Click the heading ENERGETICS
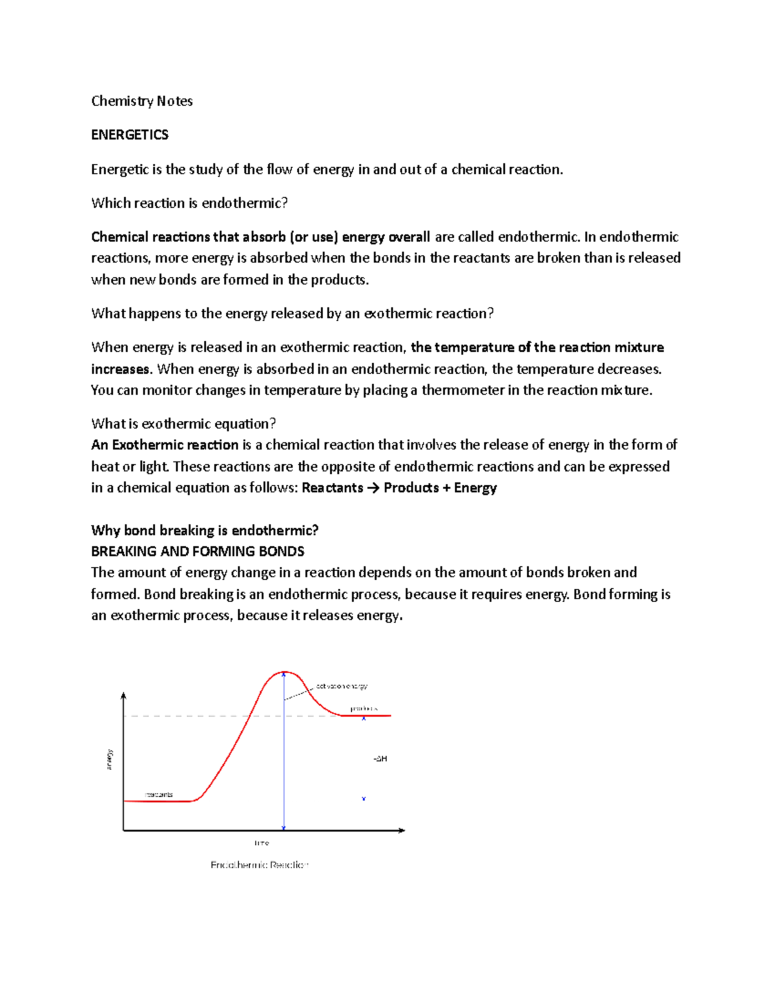pos(130,135)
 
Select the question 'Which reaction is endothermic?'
pos(189,203)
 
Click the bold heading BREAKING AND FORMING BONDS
pos(198,552)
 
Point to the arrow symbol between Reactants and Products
pos(373,488)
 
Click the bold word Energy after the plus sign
pos(475,488)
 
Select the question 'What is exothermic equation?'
pos(183,424)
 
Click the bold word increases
pos(120,369)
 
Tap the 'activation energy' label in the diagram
pos(342,686)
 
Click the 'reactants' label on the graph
pos(158,794)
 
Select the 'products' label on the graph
pos(364,708)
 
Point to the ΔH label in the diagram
pos(380,759)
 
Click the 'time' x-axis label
pos(262,843)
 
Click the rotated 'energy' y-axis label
pos(110,760)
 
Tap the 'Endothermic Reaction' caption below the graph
pos(260,865)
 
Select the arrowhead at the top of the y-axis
pos(123,696)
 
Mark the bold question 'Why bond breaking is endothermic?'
pos(205,531)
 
